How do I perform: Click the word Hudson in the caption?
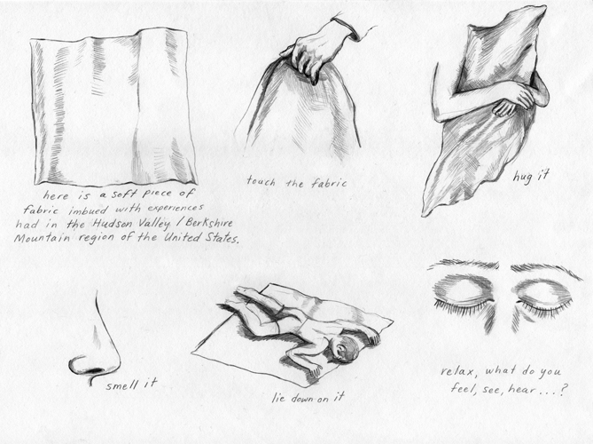[x=112, y=224]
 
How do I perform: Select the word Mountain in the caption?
[x=42, y=238]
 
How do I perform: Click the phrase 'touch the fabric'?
[x=296, y=182]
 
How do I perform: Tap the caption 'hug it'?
[x=531, y=176]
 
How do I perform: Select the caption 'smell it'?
[x=131, y=385]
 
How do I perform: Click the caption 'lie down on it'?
[x=308, y=397]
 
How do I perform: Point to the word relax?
[x=456, y=371]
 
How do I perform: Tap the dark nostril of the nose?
[x=95, y=370]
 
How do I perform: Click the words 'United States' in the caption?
[x=201, y=238]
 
